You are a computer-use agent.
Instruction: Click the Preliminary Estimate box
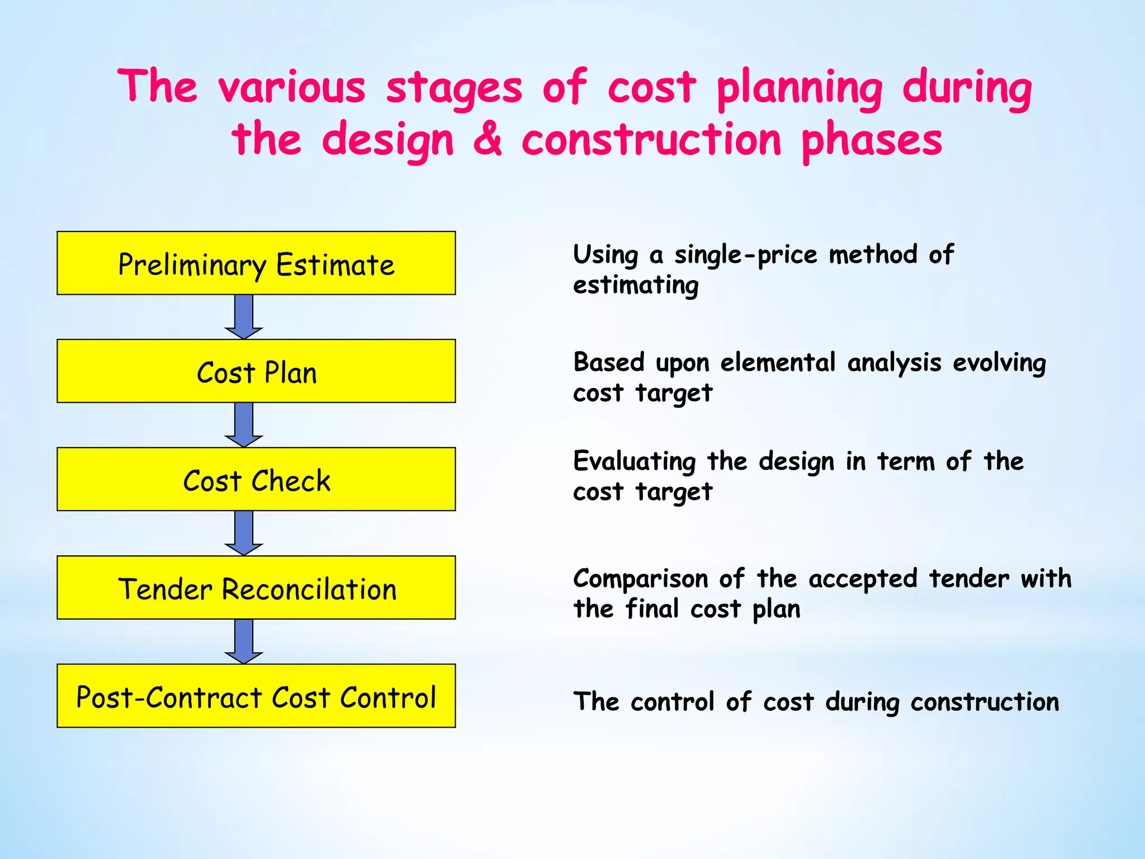pyautogui.click(x=256, y=263)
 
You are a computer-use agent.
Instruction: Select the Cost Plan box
pyautogui.click(x=256, y=371)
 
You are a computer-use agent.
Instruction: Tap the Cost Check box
pyautogui.click(x=256, y=479)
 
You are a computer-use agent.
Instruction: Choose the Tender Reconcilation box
pyautogui.click(x=256, y=588)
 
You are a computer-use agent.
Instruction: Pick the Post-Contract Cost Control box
pyautogui.click(x=256, y=696)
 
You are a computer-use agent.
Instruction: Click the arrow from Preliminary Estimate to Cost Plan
pyautogui.click(x=244, y=316)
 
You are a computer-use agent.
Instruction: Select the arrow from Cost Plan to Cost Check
pyautogui.click(x=244, y=424)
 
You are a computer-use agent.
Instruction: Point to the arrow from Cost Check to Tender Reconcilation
pyautogui.click(x=244, y=532)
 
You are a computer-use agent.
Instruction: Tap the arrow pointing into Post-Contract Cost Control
pyautogui.click(x=244, y=641)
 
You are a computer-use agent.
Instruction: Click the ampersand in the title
pyautogui.click(x=488, y=140)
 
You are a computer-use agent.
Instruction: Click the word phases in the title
pyautogui.click(x=872, y=141)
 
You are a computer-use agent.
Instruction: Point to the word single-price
pyautogui.click(x=746, y=255)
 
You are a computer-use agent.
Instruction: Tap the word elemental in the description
pyautogui.click(x=778, y=362)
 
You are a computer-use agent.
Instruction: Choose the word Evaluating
pyautogui.click(x=634, y=462)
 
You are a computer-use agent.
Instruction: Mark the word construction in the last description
pyautogui.click(x=985, y=702)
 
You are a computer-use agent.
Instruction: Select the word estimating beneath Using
pyautogui.click(x=636, y=286)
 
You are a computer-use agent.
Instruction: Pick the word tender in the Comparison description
pyautogui.click(x=969, y=578)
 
